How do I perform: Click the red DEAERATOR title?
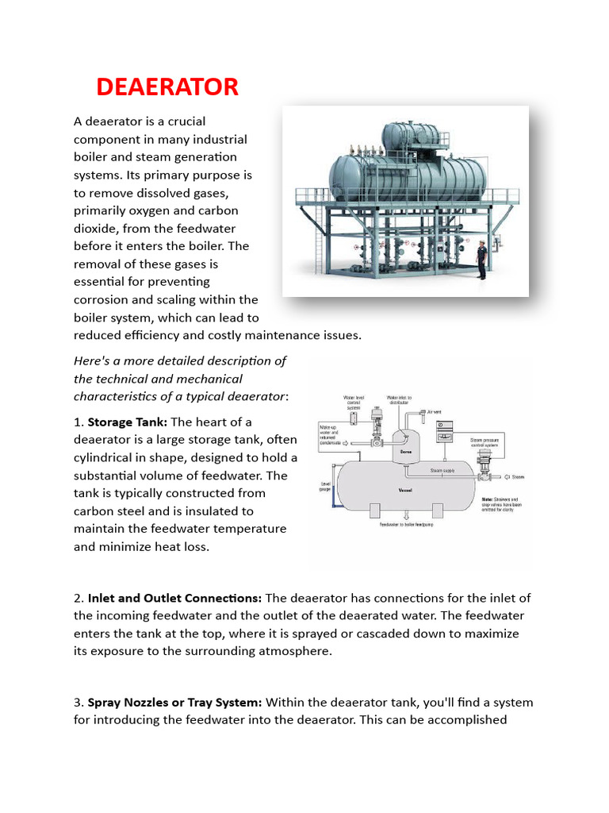[167, 87]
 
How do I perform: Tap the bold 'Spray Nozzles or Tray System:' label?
[176, 703]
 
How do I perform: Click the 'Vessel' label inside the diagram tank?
[405, 490]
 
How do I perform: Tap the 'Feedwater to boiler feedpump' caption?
[404, 525]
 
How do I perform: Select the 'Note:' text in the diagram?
[488, 499]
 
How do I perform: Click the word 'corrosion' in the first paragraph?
[102, 299]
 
